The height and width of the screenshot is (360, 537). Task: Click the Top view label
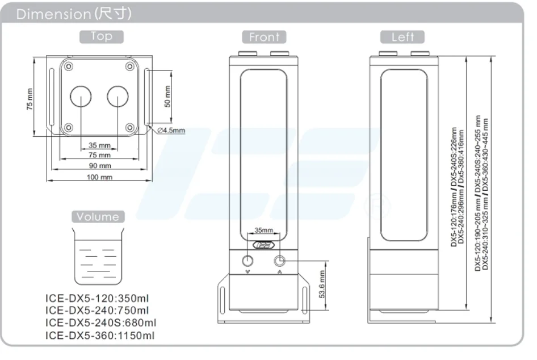[x=102, y=37]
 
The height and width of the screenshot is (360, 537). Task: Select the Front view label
[x=264, y=37]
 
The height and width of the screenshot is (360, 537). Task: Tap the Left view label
[x=402, y=37]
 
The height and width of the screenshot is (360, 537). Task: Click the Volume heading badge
[x=98, y=216]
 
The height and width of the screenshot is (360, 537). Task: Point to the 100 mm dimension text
[x=100, y=177]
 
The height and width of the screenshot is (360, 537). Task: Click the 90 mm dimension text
[x=100, y=166]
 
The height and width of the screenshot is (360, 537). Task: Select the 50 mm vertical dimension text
[x=167, y=97]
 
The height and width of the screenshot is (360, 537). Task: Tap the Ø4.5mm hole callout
[x=171, y=130]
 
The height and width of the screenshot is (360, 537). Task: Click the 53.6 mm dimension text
[x=322, y=284]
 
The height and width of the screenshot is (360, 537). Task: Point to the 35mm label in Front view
[x=264, y=230]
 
